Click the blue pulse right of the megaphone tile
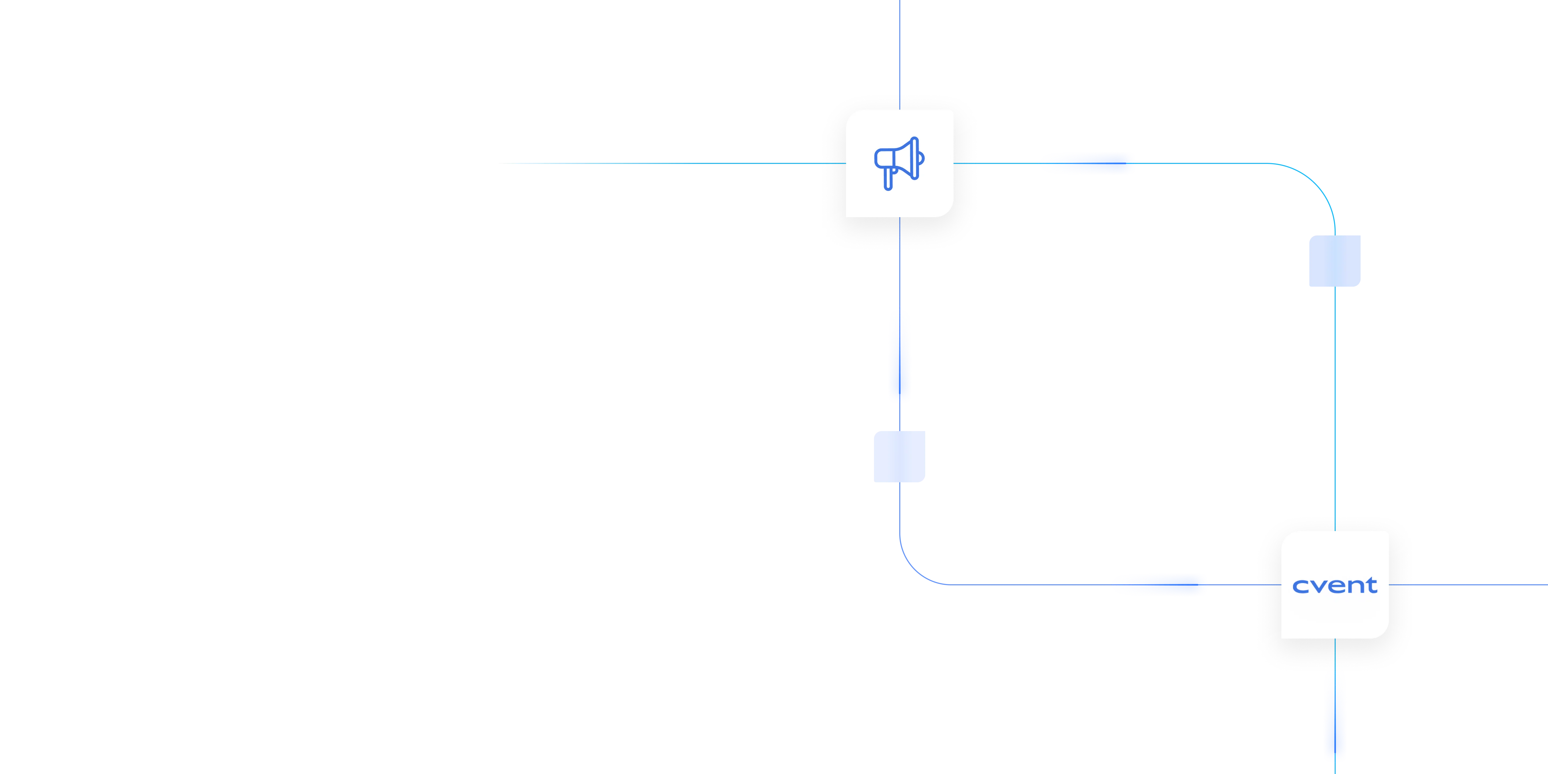[x=1088, y=163]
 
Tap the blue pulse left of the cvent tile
[x=1160, y=584]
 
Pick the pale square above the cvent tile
[x=1335, y=261]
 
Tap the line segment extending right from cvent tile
[x=1472, y=584]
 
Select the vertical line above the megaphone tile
[x=900, y=48]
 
